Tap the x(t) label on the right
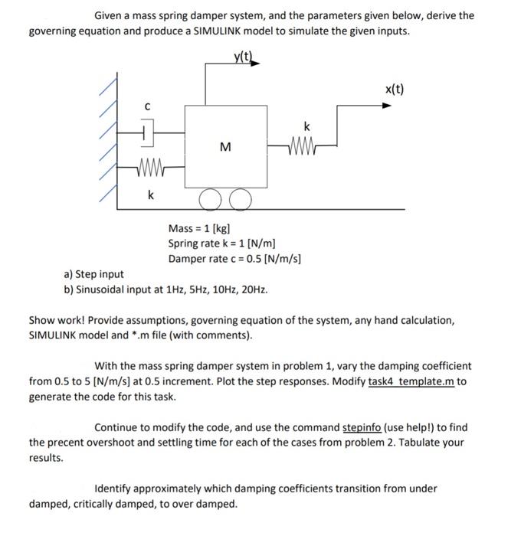click(394, 89)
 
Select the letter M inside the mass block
click(225, 146)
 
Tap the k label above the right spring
click(306, 125)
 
